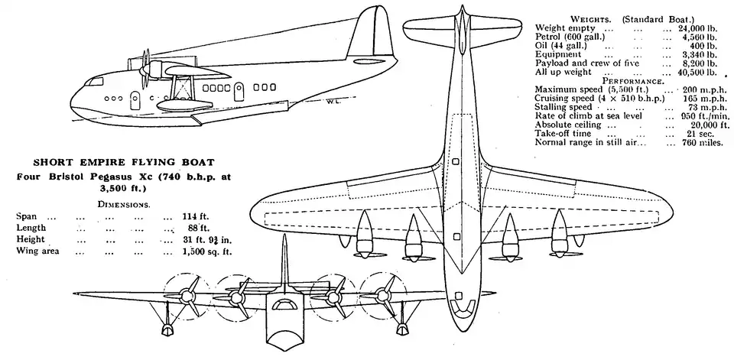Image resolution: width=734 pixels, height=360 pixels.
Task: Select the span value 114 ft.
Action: tap(196, 216)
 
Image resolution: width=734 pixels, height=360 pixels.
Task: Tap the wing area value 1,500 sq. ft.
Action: tap(206, 251)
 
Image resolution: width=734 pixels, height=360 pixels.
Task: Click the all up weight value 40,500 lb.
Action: tap(698, 73)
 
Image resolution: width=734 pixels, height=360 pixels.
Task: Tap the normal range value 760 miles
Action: tap(700, 142)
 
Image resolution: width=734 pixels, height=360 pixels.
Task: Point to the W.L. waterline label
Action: tap(333, 99)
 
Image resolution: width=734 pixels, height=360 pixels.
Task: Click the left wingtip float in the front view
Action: tap(167, 329)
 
